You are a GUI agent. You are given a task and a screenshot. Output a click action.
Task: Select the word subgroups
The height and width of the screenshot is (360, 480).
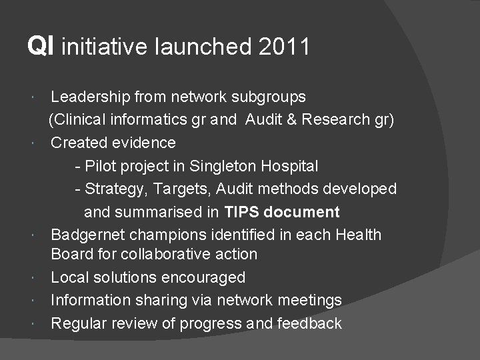[x=269, y=97]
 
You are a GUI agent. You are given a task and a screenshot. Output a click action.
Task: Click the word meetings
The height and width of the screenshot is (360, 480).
[x=309, y=301]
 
